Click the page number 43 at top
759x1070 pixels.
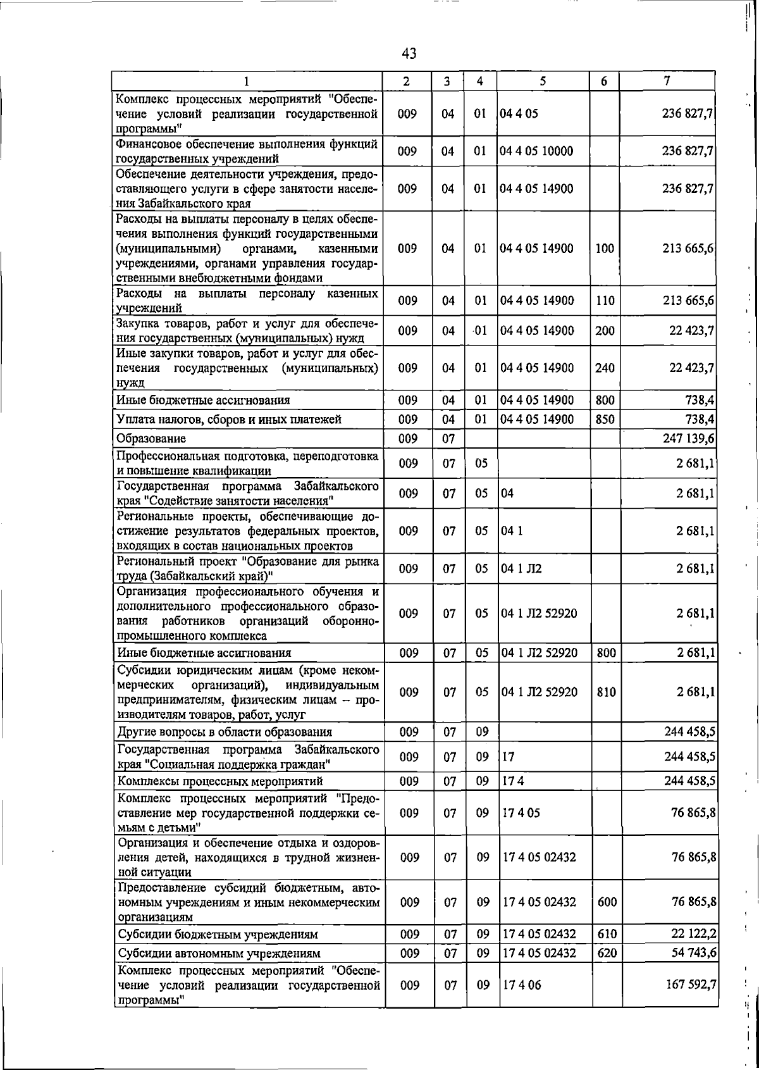[x=409, y=54]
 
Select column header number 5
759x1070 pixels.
[x=543, y=81]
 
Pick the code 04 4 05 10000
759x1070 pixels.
[x=536, y=151]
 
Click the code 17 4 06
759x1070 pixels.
[x=522, y=985]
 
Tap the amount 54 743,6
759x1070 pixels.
[x=690, y=953]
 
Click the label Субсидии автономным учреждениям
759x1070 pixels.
[x=219, y=953]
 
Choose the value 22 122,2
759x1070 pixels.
[x=690, y=934]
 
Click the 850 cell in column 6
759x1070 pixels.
[x=605, y=419]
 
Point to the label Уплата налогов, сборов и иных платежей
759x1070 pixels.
[x=229, y=419]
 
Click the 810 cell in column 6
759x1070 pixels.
[x=606, y=692]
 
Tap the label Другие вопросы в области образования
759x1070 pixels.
[x=225, y=732]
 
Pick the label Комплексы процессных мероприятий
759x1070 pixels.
[x=220, y=781]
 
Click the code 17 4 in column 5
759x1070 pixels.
[x=513, y=781]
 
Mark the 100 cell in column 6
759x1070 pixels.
[x=605, y=249]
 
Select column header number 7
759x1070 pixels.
[x=667, y=81]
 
